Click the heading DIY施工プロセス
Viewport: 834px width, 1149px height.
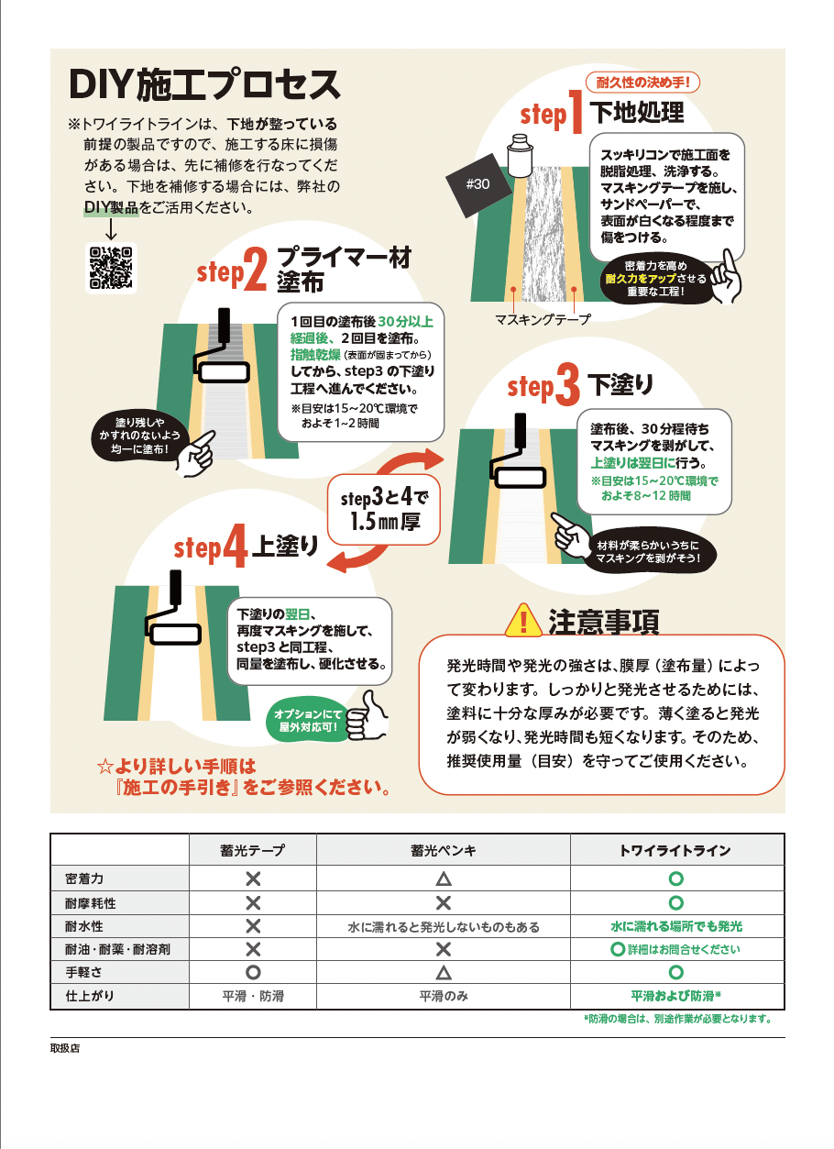click(204, 85)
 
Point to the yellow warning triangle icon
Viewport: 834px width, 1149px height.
click(523, 621)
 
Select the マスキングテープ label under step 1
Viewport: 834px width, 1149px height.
click(543, 318)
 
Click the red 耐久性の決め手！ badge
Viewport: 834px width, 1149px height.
click(648, 82)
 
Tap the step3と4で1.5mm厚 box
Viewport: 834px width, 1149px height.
click(385, 510)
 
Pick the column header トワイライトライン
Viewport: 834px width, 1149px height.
click(676, 850)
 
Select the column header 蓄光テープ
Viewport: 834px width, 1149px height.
click(252, 850)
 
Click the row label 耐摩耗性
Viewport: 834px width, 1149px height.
click(90, 902)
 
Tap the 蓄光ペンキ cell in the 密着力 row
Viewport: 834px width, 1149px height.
click(443, 879)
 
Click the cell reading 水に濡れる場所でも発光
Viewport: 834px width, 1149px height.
click(676, 926)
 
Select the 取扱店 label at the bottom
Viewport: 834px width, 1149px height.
click(65, 1048)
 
